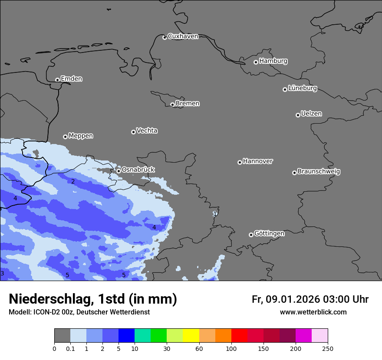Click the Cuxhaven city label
(x=183, y=36)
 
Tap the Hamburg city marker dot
(x=256, y=62)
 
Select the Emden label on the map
(x=71, y=79)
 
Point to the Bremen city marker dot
(x=172, y=105)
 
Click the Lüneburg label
(x=303, y=88)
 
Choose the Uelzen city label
(x=311, y=114)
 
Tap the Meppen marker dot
(x=65, y=137)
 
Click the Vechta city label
(x=147, y=131)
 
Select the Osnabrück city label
(x=138, y=170)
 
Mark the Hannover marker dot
(x=240, y=162)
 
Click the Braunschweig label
(x=319, y=172)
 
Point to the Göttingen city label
(x=269, y=234)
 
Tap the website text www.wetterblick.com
(x=313, y=312)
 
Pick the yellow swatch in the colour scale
(x=191, y=336)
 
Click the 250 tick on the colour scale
(x=328, y=348)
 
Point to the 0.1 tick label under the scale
(x=70, y=348)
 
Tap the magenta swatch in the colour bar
(x=303, y=336)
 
